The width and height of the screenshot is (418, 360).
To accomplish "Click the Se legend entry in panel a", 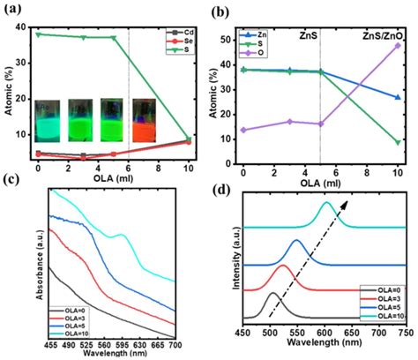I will [186, 42].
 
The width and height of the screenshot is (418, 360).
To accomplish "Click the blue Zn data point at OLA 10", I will [399, 97].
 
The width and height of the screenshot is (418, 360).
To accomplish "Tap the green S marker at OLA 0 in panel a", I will [37, 34].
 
